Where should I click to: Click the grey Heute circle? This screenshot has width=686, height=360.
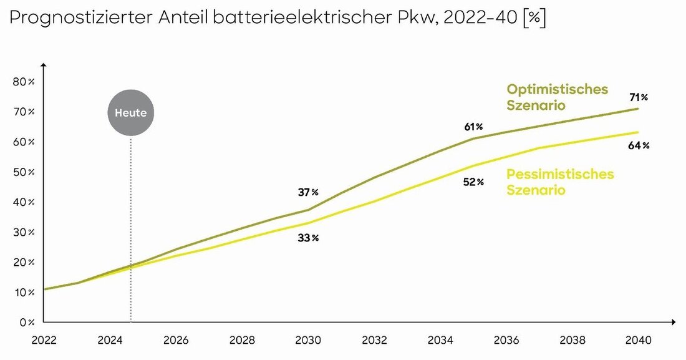(x=130, y=114)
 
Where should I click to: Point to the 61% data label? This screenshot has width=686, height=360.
(x=474, y=127)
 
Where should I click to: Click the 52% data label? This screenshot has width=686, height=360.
(x=474, y=182)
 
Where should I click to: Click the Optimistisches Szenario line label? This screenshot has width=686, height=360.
(x=557, y=97)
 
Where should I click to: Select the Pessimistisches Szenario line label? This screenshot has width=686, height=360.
(x=559, y=182)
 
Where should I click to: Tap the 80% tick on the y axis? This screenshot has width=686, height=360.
(x=25, y=82)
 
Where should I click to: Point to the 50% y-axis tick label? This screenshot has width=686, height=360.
(x=25, y=172)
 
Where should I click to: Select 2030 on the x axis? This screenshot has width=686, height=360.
(x=308, y=341)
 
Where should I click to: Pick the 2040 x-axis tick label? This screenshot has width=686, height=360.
(x=639, y=341)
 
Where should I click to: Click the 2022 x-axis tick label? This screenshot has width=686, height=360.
(x=44, y=341)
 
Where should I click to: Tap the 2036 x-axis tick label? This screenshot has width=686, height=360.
(x=506, y=341)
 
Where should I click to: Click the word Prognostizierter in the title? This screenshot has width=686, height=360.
(x=79, y=19)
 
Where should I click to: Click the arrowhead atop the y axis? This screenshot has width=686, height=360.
(x=44, y=66)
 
